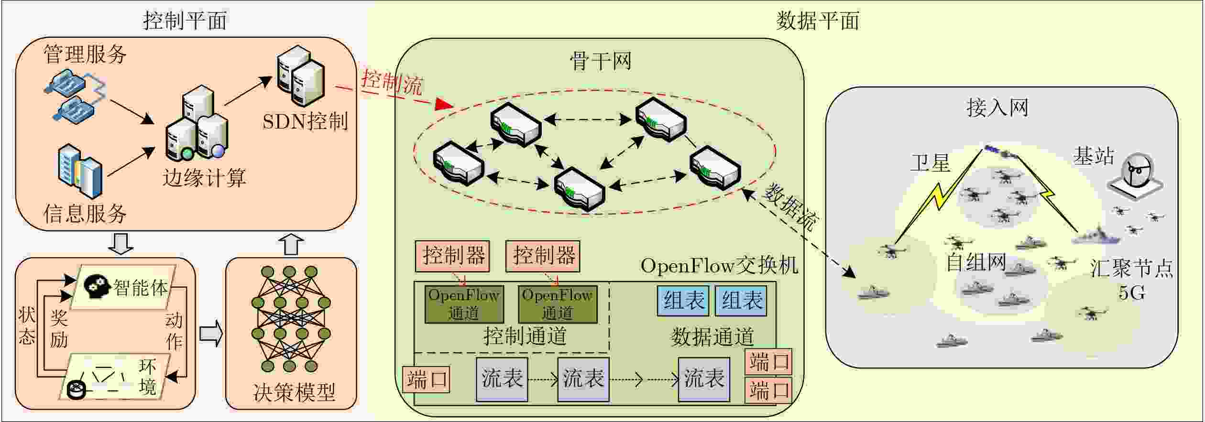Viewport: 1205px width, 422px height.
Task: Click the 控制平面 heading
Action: pyautogui.click(x=185, y=21)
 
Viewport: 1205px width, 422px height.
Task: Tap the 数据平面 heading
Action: pyautogui.click(x=818, y=21)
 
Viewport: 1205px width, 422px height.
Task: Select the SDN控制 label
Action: pyautogui.click(x=305, y=122)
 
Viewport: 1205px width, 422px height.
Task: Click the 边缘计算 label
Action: pyautogui.click(x=204, y=178)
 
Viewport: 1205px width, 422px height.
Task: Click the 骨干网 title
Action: pyautogui.click(x=601, y=61)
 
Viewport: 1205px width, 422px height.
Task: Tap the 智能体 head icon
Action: pyautogui.click(x=98, y=286)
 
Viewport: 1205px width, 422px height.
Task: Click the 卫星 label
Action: pyautogui.click(x=930, y=163)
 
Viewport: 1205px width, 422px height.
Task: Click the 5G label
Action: pyautogui.click(x=1132, y=292)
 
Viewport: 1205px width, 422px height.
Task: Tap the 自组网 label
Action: pyautogui.click(x=977, y=262)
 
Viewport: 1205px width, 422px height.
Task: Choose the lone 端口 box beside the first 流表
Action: pyautogui.click(x=426, y=380)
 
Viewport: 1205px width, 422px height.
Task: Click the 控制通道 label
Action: pyautogui.click(x=525, y=335)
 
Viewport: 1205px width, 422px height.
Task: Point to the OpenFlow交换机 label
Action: pyautogui.click(x=719, y=266)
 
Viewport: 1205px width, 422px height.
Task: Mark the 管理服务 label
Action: pyautogui.click(x=85, y=54)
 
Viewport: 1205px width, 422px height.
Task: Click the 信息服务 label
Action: pyautogui.click(x=85, y=213)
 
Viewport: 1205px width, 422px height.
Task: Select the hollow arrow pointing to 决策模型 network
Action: pyautogui.click(x=211, y=333)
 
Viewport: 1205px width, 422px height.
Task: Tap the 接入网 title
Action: pyautogui.click(x=997, y=108)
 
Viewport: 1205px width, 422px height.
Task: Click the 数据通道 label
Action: pyautogui.click(x=712, y=336)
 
